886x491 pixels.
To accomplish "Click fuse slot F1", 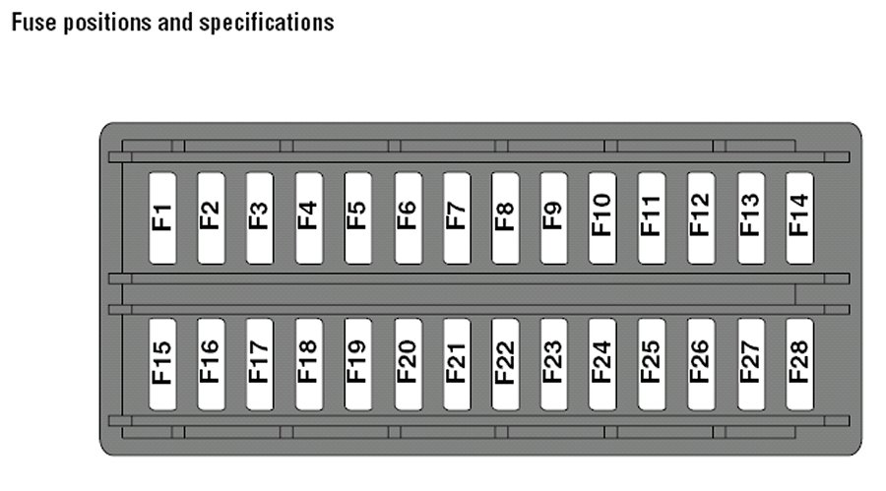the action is pyautogui.click(x=161, y=217).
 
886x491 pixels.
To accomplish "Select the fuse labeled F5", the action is pyautogui.click(x=357, y=217).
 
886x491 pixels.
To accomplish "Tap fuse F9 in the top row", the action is pyautogui.click(x=553, y=217).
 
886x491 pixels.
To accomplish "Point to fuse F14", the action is pyautogui.click(x=799, y=217).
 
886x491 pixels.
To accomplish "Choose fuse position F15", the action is pyautogui.click(x=161, y=363).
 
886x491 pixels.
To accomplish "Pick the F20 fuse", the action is pyautogui.click(x=408, y=363).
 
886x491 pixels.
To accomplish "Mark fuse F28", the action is pyautogui.click(x=799, y=363).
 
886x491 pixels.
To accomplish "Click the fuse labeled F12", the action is pyautogui.click(x=701, y=217).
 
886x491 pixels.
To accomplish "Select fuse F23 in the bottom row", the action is pyautogui.click(x=553, y=363).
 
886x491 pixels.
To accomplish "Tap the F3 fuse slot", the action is pyautogui.click(x=259, y=217).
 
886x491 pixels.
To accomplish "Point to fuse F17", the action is pyautogui.click(x=259, y=363).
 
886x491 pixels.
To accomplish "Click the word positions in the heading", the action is pyautogui.click(x=105, y=22).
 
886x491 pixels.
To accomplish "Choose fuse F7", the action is pyautogui.click(x=456, y=217).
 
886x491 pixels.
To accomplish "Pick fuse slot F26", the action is pyautogui.click(x=701, y=363).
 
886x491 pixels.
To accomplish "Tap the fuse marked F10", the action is pyautogui.click(x=602, y=217).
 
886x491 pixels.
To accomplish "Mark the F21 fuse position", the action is pyautogui.click(x=456, y=363).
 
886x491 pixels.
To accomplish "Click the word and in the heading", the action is pyautogui.click(x=177, y=22).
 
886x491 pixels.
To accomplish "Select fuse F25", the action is pyautogui.click(x=652, y=363).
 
